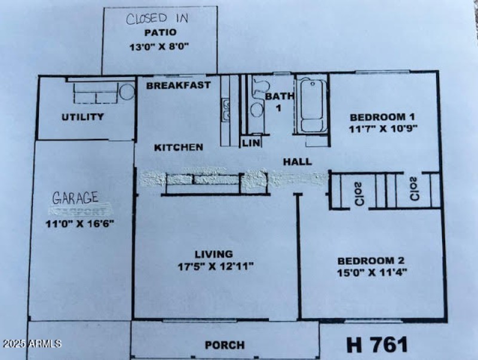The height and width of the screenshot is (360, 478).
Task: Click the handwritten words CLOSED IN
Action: pos(159,19)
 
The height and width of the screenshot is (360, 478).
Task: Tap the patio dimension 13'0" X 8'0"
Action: pos(159,45)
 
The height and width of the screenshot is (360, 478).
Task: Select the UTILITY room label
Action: pos(82,117)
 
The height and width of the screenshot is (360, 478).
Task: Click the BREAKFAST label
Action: pos(178,85)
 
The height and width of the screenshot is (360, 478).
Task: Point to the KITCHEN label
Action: pos(179,147)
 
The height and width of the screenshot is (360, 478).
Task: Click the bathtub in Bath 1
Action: pos(311,106)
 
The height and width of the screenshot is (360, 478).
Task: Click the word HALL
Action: pos(297,161)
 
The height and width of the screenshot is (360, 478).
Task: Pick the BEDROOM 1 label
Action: pos(382,117)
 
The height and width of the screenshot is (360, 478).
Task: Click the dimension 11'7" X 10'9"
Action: pos(382,128)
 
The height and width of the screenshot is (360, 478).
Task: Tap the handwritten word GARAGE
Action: pos(75,198)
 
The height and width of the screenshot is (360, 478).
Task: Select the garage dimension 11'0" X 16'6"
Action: pos(80,223)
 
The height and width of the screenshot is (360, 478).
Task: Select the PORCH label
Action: pos(224,345)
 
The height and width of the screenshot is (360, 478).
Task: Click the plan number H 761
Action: pos(377,344)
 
